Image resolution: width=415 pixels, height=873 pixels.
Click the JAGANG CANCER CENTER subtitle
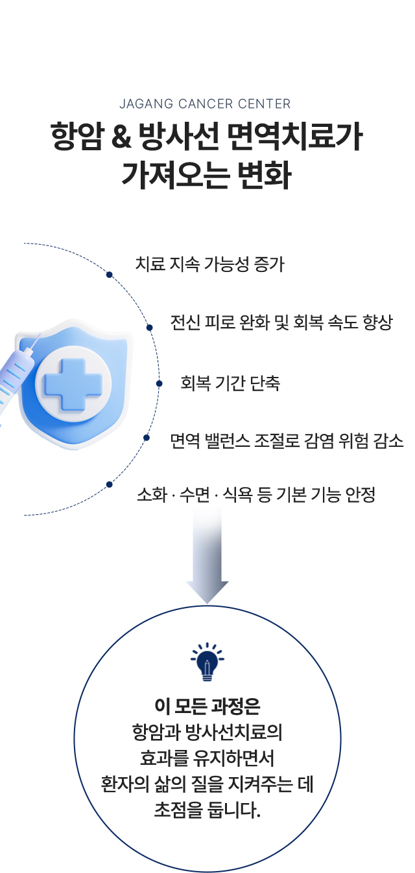[x=205, y=104]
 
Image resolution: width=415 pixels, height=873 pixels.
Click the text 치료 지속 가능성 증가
[x=209, y=264]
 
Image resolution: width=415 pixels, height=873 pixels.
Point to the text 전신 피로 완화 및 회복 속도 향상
[x=281, y=323]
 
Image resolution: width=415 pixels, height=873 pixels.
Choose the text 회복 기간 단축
[x=230, y=383]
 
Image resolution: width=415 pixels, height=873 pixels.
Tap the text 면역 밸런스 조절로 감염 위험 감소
[x=287, y=441]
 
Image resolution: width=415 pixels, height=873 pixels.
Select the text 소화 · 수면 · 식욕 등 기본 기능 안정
[x=256, y=495]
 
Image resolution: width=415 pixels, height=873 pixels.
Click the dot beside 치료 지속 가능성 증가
[x=110, y=275]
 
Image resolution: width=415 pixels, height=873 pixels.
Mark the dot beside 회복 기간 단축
[x=159, y=383]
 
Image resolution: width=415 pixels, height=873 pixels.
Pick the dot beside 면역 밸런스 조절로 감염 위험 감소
[x=147, y=437]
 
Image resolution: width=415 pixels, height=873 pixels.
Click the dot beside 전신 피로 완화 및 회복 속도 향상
[x=150, y=328]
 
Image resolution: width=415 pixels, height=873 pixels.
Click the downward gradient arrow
[x=207, y=557]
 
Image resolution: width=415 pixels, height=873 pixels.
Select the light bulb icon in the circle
[x=207, y=662]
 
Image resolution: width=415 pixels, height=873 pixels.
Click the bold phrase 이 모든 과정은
[x=207, y=705]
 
